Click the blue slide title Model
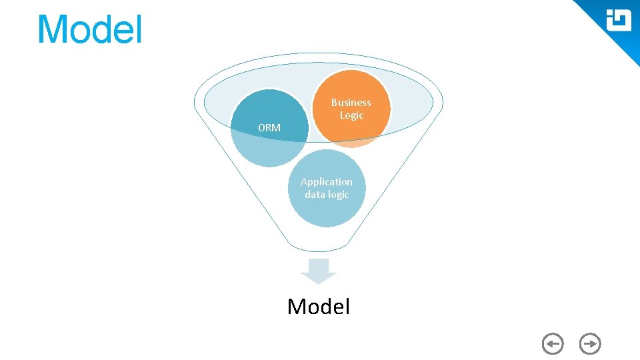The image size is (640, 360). click(89, 30)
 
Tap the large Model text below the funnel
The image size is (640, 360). click(318, 306)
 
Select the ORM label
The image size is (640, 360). click(269, 127)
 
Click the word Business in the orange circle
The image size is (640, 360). click(351, 103)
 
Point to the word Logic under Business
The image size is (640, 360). click(351, 115)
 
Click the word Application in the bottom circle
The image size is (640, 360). click(326, 181)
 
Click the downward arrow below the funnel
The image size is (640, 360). click(319, 270)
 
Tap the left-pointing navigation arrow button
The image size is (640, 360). click(553, 344)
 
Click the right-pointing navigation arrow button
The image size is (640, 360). click(590, 344)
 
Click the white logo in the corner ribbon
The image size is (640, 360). click(618, 21)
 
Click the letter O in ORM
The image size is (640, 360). click(262, 127)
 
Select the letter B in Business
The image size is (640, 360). click(334, 103)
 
